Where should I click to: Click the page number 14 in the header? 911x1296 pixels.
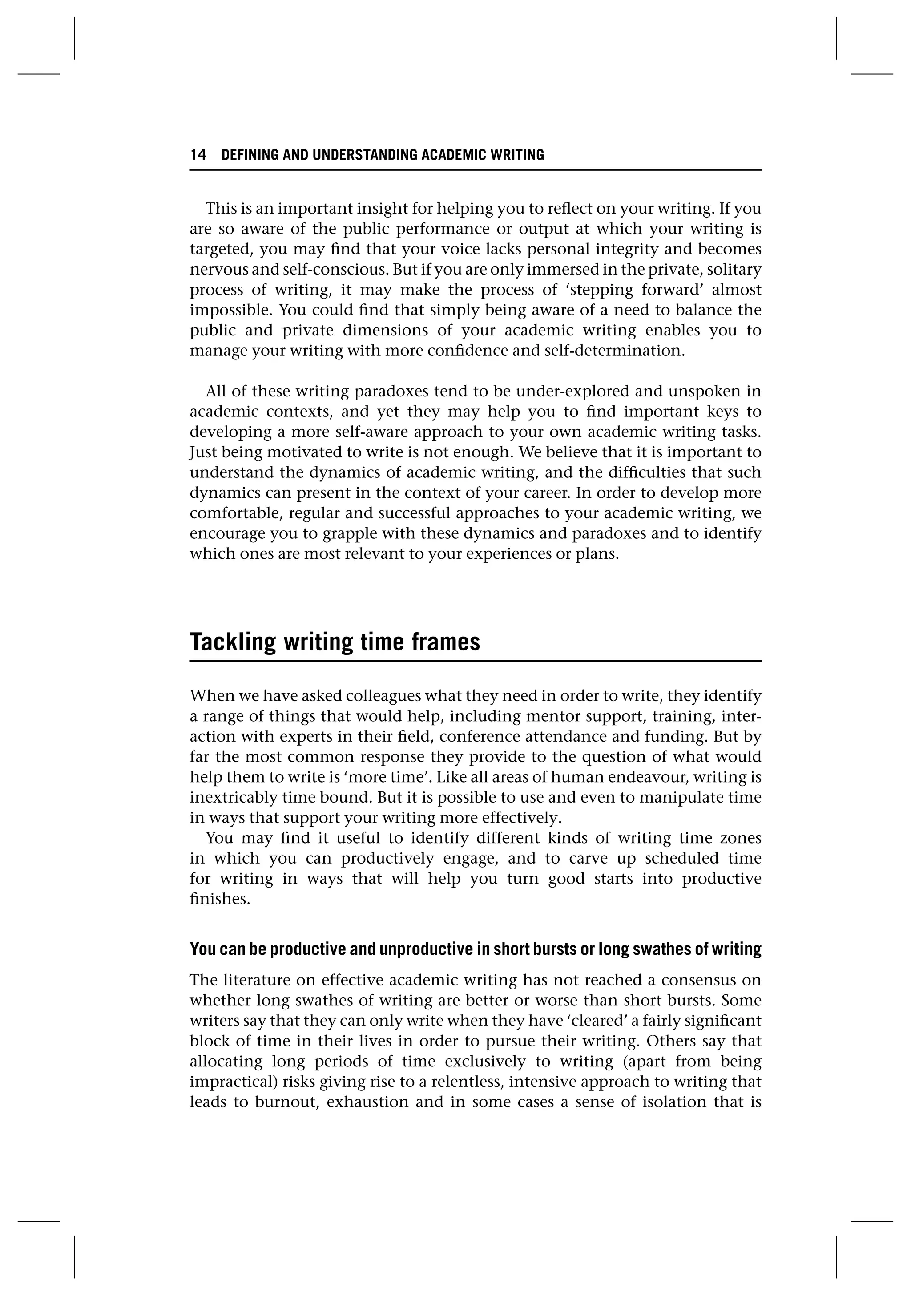pos(198,155)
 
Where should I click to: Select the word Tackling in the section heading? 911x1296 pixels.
pos(233,642)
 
